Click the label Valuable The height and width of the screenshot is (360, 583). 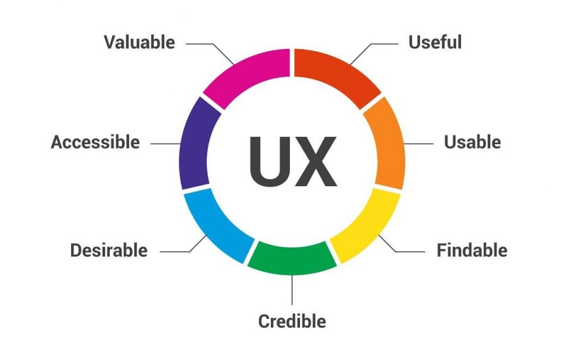click(x=139, y=42)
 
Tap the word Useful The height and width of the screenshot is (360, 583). click(x=435, y=42)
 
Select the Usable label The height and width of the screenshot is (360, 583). click(x=473, y=142)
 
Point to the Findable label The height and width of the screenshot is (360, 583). click(x=472, y=250)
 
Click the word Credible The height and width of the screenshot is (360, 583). click(x=292, y=321)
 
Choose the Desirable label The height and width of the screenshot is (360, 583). click(x=109, y=250)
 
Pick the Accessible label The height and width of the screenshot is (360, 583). click(x=95, y=142)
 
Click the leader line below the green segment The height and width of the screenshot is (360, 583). click(x=292, y=290)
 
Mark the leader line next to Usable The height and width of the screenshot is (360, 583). click(x=418, y=144)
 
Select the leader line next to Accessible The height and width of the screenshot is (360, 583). click(x=166, y=144)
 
